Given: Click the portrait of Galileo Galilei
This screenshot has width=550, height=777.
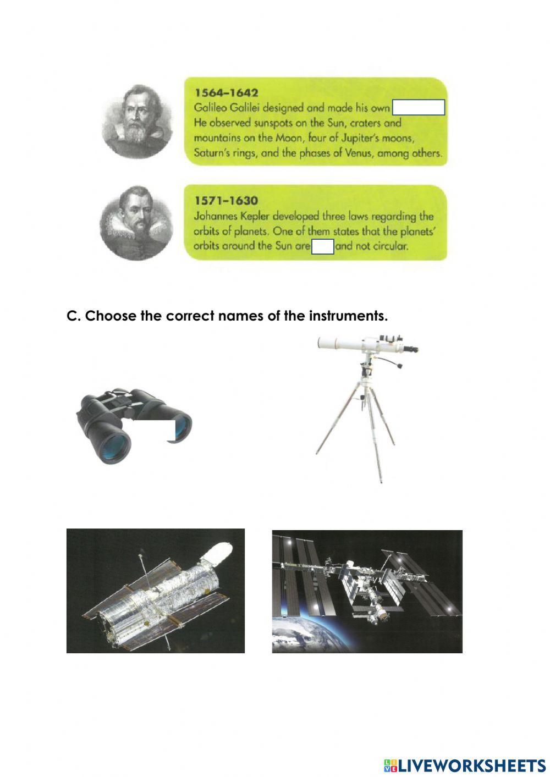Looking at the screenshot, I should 137,121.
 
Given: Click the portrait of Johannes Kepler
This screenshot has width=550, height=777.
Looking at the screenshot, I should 137,222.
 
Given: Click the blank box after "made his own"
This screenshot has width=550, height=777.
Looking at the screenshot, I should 419,108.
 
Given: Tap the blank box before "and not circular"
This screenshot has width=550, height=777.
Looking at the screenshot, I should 323,247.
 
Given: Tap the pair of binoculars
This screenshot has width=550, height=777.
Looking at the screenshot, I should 132,426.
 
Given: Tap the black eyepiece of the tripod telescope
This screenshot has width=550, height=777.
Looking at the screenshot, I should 410,349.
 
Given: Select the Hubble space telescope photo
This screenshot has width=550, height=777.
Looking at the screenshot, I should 155,591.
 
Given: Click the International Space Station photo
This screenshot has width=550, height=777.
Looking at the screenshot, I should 367,591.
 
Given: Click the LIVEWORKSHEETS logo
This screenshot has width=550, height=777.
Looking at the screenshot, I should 464,765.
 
